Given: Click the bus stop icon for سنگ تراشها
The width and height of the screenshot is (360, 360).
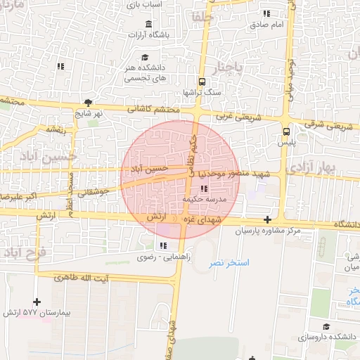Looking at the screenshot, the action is (x=202, y=81).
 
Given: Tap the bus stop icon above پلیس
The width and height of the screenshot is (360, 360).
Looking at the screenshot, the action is (x=286, y=131).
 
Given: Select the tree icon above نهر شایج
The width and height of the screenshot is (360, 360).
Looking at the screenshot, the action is (x=88, y=102).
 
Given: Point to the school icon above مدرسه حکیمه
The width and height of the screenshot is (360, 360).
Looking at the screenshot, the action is (x=204, y=188).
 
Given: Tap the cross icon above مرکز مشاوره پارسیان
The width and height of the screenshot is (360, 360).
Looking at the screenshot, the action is (x=267, y=220).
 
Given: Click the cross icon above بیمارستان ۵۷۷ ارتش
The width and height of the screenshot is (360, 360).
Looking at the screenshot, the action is (x=37, y=302).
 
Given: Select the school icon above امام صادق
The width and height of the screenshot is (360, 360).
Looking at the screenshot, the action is (x=266, y=13).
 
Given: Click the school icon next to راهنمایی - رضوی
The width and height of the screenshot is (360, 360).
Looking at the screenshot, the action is (x=163, y=245).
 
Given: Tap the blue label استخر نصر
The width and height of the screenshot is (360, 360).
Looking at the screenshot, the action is (x=229, y=262).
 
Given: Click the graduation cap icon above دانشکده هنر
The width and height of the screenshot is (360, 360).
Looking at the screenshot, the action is (x=145, y=58).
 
